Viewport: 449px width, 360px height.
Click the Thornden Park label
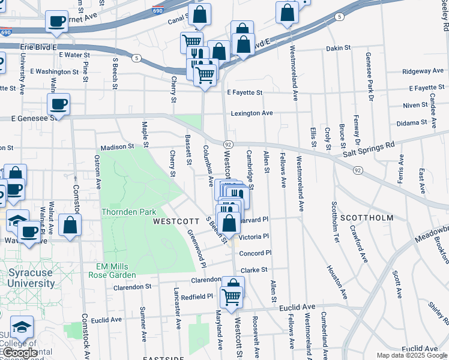pyautogui.click(x=128, y=212)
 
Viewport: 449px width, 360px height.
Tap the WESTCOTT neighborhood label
pyautogui.click(x=172, y=221)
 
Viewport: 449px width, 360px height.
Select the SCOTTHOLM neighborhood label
pyautogui.click(x=366, y=217)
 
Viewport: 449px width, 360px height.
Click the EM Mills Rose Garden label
pyautogui.click(x=115, y=271)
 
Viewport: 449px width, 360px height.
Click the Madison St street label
pyautogui.click(x=118, y=146)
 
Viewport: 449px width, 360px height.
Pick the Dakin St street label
pyautogui.click(x=337, y=48)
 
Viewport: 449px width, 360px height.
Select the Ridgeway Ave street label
pyautogui.click(x=423, y=71)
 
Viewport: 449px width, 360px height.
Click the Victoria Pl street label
pyautogui.click(x=253, y=237)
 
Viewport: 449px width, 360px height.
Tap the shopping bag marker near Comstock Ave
pyautogui.click(x=70, y=226)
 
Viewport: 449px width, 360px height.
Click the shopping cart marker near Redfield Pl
pyautogui.click(x=231, y=296)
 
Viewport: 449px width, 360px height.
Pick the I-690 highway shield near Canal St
pyautogui.click(x=173, y=11)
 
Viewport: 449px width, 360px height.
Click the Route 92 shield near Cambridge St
pyautogui.click(x=228, y=145)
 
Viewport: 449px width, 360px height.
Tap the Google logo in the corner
pyautogui.click(x=19, y=353)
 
